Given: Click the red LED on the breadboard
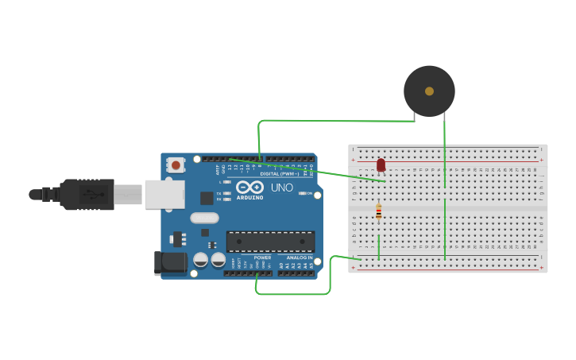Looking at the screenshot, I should [x=381, y=165].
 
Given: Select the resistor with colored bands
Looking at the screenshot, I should [x=378, y=212].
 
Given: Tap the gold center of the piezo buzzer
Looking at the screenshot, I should [x=429, y=91].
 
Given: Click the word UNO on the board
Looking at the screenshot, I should [x=282, y=188].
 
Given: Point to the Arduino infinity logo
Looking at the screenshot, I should [x=249, y=187].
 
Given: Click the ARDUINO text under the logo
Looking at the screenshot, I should [x=249, y=197].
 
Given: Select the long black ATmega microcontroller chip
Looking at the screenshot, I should [x=270, y=241].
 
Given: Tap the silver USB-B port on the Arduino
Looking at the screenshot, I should [x=164, y=194].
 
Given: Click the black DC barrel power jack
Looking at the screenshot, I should [x=171, y=263].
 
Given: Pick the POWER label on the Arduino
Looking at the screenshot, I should [x=262, y=257].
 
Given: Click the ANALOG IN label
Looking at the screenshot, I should [x=299, y=257].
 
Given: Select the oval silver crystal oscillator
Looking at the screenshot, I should [x=204, y=218].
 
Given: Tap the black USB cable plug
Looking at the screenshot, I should [x=87, y=194].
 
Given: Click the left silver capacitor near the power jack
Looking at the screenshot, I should [x=201, y=259].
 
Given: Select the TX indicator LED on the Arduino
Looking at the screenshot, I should [x=227, y=193].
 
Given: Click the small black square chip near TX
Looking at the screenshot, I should [x=207, y=198].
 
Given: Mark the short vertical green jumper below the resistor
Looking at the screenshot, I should [x=379, y=246].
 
